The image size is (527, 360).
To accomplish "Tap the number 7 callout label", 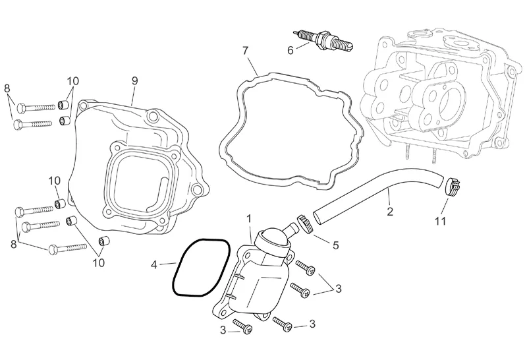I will point(245,50).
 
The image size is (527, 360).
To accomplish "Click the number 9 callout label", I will point(134,80).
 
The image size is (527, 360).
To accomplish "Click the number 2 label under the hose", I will point(389,212).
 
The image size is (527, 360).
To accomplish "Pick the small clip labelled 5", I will point(304,223).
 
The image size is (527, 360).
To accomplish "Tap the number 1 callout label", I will point(249,218).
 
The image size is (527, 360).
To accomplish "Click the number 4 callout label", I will point(153,265).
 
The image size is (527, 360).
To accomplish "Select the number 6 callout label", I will point(289,49).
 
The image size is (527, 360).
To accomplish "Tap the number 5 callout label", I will point(335,245).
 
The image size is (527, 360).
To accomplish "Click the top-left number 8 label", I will point(7,88).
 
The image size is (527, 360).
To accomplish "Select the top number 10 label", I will point(72,80).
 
